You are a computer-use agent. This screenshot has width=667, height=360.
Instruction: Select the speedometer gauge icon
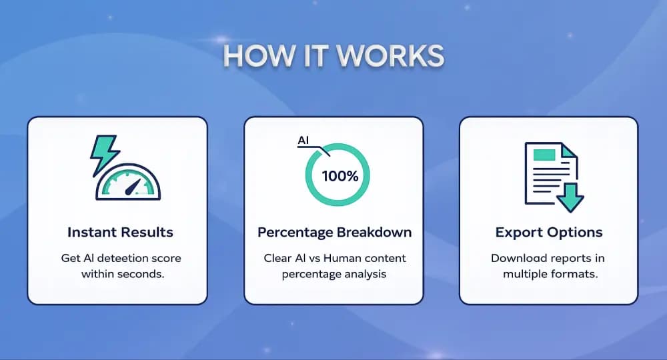(x=127, y=181)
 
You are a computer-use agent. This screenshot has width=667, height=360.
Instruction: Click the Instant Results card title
(x=120, y=233)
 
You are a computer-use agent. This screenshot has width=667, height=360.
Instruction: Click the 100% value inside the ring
(x=340, y=177)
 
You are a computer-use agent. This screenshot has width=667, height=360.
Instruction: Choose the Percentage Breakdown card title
(x=334, y=233)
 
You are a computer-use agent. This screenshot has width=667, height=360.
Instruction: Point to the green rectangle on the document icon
(x=544, y=155)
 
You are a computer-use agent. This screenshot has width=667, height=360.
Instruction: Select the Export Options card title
(x=549, y=233)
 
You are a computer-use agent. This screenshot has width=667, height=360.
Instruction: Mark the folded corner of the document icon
(x=568, y=151)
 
